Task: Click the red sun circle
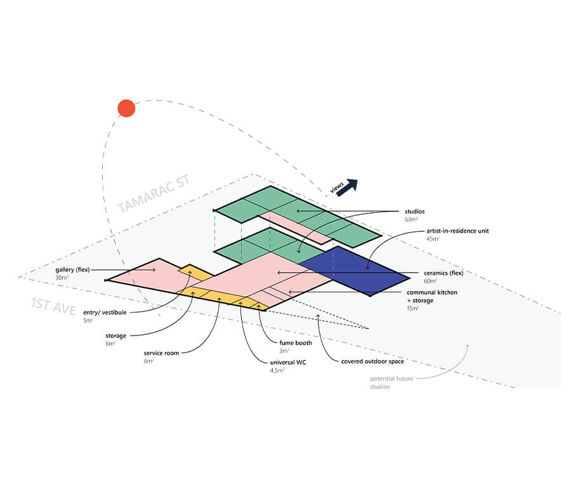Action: click(x=126, y=108)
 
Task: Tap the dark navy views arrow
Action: click(x=347, y=187)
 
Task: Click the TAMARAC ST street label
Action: click(x=154, y=194)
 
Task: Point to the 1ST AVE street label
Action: click(x=53, y=306)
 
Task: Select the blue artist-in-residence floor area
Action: click(x=354, y=271)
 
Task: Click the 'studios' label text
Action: click(x=414, y=212)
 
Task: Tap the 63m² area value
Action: click(x=411, y=220)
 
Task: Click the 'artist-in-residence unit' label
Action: click(x=457, y=231)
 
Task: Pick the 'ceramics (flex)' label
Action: click(x=443, y=273)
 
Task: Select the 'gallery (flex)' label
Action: click(x=72, y=270)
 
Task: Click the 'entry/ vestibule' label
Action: click(x=105, y=313)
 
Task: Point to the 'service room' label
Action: click(x=161, y=353)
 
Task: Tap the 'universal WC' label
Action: click(x=288, y=363)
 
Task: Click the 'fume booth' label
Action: click(x=296, y=343)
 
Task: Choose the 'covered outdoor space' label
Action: click(x=372, y=362)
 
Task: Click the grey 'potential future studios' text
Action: click(x=391, y=383)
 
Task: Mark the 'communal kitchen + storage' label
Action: click(x=432, y=297)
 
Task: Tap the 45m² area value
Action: click(x=433, y=239)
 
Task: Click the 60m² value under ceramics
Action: click(x=430, y=281)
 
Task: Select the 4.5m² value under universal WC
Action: click(x=277, y=370)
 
